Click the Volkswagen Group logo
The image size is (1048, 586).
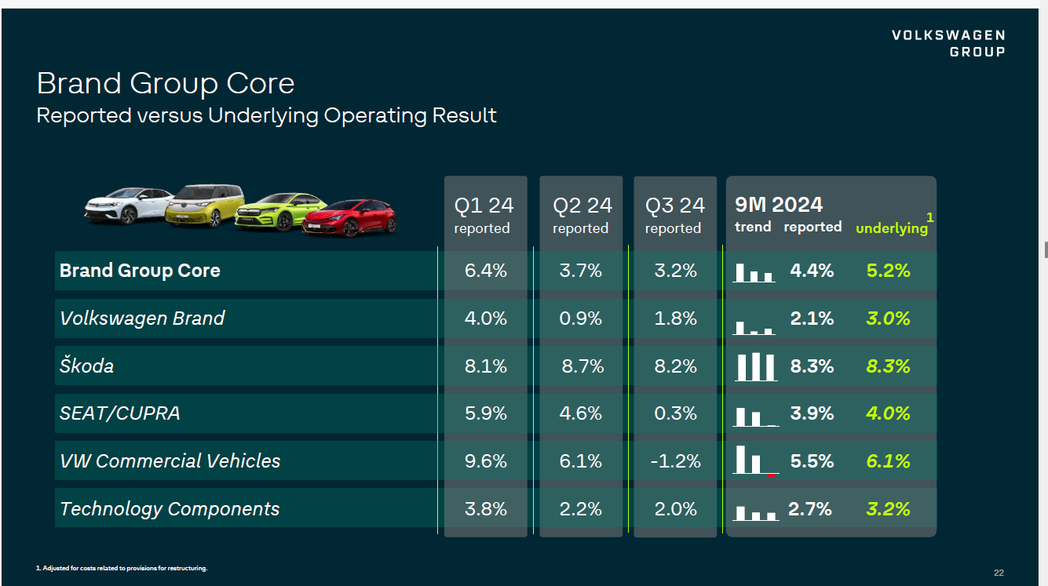click(948, 43)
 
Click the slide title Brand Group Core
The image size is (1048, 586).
click(166, 83)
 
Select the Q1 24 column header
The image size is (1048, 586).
click(484, 214)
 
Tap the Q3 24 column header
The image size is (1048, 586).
click(675, 214)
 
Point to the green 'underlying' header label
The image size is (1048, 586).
click(892, 228)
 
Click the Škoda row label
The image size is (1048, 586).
click(87, 366)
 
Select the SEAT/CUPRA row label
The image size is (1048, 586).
click(120, 413)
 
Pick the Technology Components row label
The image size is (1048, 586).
click(170, 509)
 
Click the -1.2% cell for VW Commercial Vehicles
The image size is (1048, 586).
click(675, 461)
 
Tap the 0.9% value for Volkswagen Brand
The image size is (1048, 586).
click(581, 318)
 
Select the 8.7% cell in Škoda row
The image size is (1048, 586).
click(582, 366)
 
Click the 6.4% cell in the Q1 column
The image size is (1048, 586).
click(486, 271)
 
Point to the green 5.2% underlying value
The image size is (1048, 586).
click(888, 271)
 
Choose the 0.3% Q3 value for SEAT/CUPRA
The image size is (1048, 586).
click(675, 413)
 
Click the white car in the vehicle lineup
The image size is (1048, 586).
click(128, 205)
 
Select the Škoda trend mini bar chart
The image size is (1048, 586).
click(755, 367)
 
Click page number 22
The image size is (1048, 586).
click(999, 573)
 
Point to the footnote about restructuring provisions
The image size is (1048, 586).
click(122, 568)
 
